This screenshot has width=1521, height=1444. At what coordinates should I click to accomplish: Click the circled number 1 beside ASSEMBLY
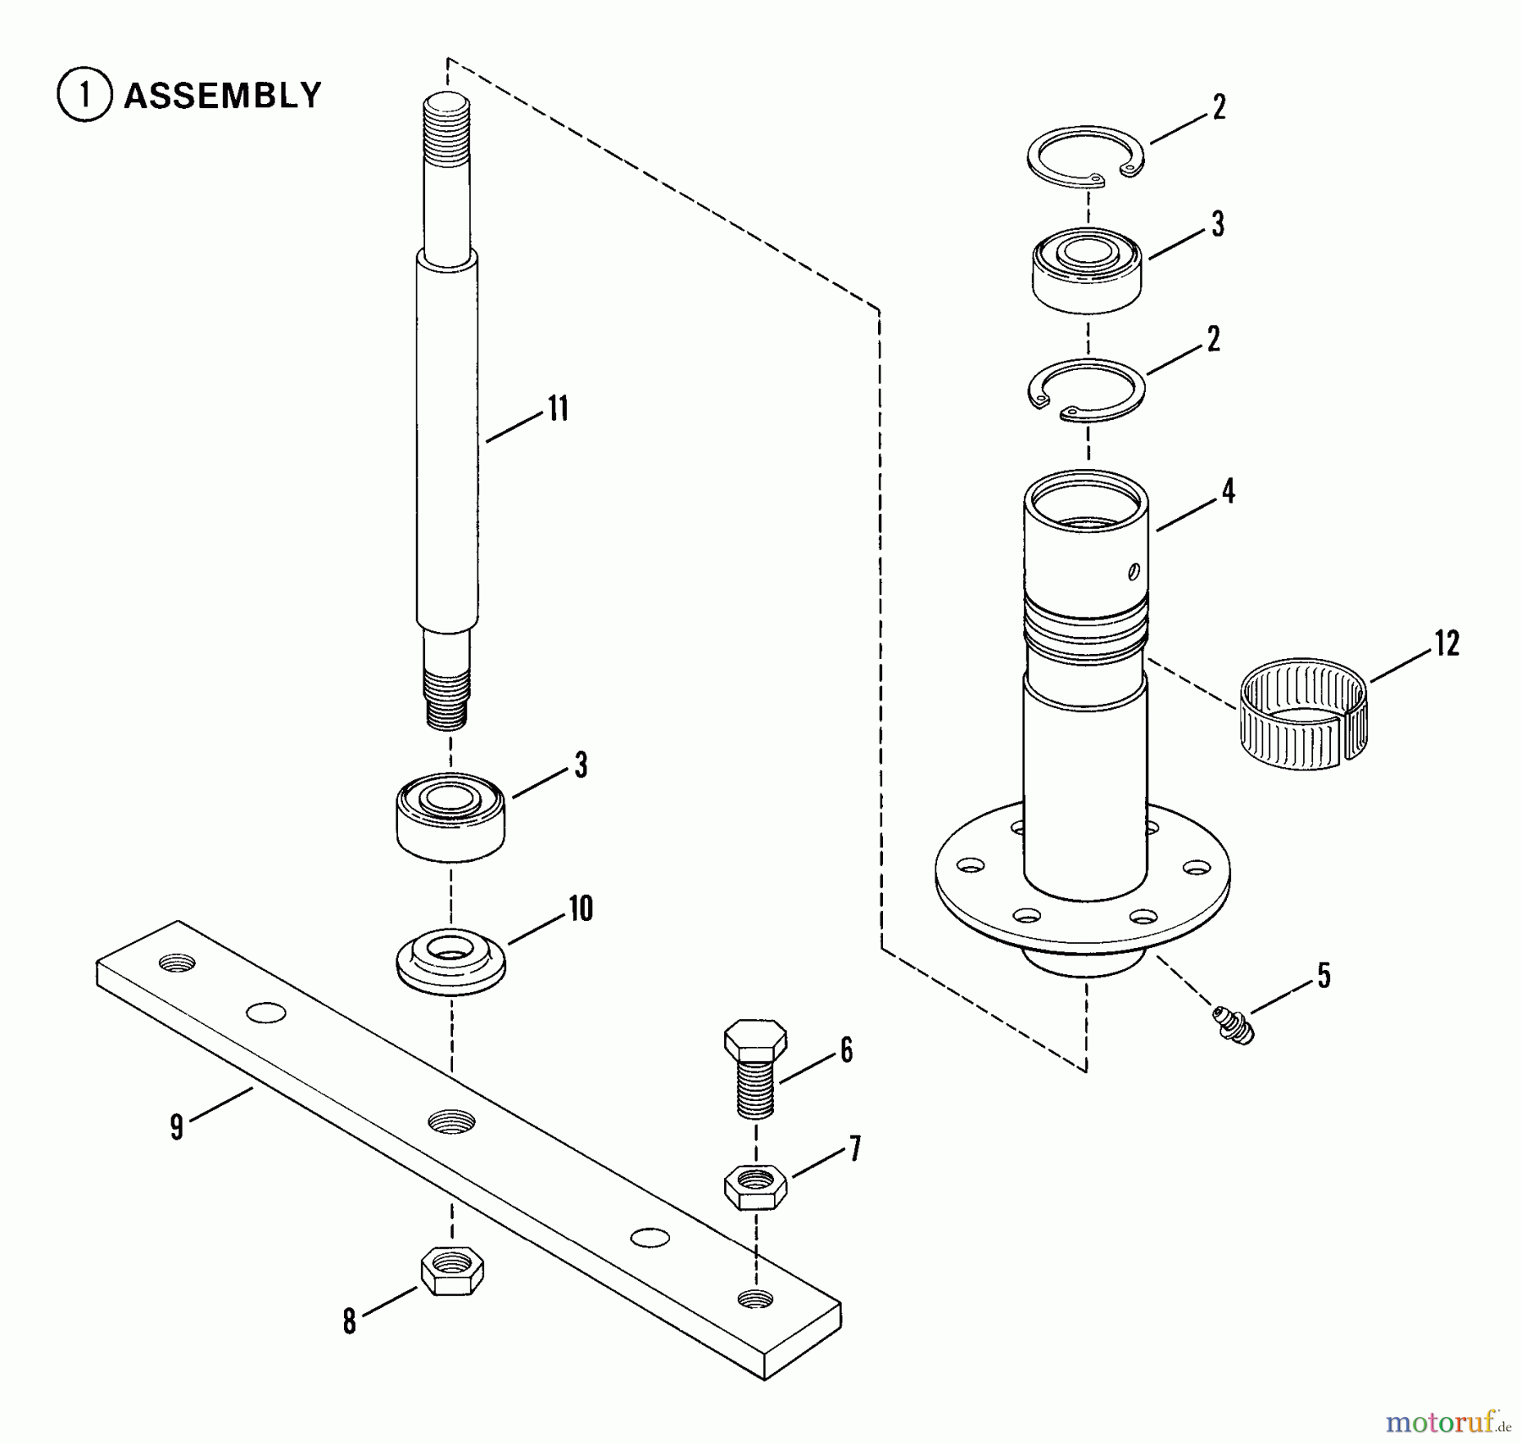84,95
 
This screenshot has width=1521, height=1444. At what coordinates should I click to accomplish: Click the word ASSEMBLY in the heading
223,95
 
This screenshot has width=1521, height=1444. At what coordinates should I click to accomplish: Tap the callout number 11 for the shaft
559,409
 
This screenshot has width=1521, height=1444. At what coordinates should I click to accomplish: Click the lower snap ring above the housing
1087,390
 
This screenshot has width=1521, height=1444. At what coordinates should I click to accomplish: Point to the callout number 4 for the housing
1229,491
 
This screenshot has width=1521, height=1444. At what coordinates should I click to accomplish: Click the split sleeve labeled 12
1303,713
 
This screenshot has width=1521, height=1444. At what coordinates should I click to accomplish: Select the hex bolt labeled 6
755,1068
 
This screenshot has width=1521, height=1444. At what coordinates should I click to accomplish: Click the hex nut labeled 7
755,1186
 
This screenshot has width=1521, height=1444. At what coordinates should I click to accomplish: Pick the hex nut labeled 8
452,1270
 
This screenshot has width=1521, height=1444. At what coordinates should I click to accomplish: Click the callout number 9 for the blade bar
177,1127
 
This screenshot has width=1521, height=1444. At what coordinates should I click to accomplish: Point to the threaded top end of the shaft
446,126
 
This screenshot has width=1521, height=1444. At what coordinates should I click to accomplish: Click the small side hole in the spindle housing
1133,572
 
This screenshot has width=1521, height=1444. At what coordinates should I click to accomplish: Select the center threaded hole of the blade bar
451,1121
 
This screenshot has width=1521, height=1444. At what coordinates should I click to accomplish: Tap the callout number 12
1447,644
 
